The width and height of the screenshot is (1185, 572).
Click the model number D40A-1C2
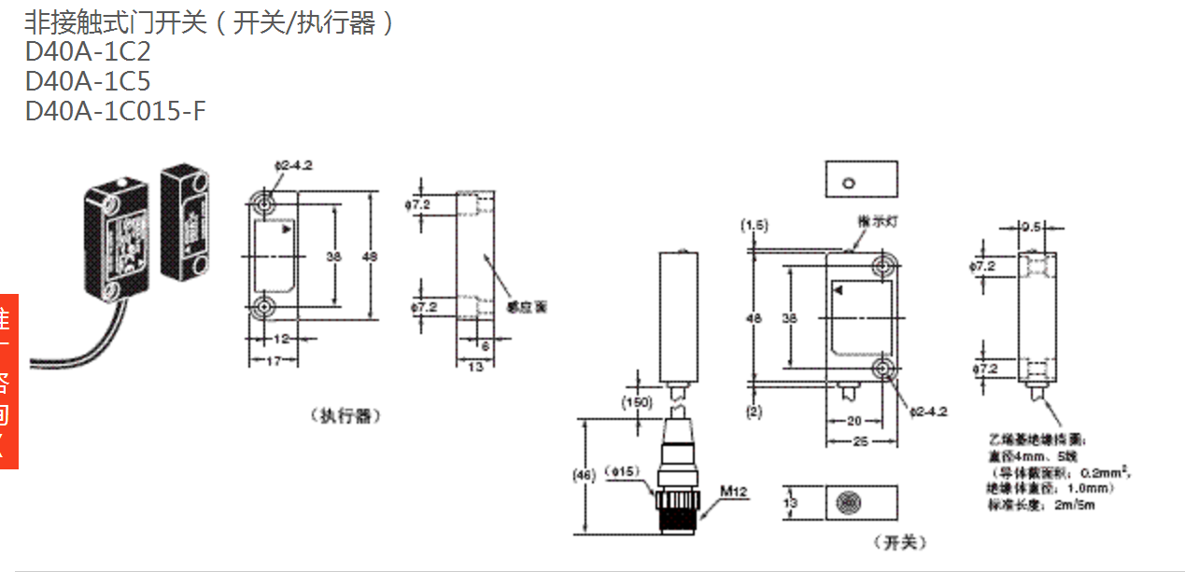point(88,51)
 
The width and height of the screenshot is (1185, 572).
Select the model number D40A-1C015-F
point(116,111)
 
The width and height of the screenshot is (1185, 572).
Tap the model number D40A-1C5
point(88,81)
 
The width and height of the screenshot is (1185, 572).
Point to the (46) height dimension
point(585,476)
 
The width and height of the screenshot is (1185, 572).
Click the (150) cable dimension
point(638,402)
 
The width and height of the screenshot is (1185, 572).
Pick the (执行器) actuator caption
point(346,416)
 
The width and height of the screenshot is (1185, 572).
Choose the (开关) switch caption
point(900,542)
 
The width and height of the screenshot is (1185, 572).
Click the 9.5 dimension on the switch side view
point(1030,226)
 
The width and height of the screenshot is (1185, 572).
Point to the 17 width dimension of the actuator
point(270,361)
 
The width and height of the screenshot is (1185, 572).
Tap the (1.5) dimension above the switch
point(754,225)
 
